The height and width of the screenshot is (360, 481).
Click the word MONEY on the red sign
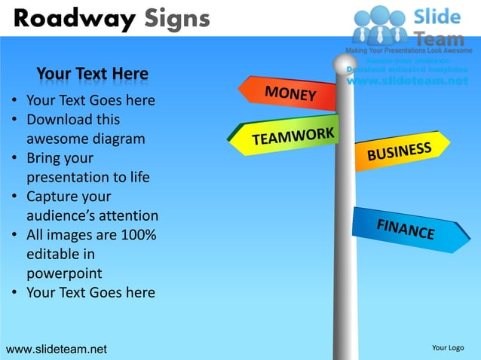coord(290,94)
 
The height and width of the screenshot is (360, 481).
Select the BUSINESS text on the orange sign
coord(399,151)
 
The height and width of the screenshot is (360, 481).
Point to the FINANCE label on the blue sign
coord(406,228)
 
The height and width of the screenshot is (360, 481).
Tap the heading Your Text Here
coord(92,74)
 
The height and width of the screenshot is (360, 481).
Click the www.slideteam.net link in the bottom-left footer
coord(57,349)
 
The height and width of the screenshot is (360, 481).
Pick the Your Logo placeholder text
coord(448,348)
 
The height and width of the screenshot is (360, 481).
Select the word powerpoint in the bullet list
coord(64,273)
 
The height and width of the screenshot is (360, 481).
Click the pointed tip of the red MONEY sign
coord(240,90)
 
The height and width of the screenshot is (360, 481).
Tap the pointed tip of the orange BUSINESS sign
coord(449,141)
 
